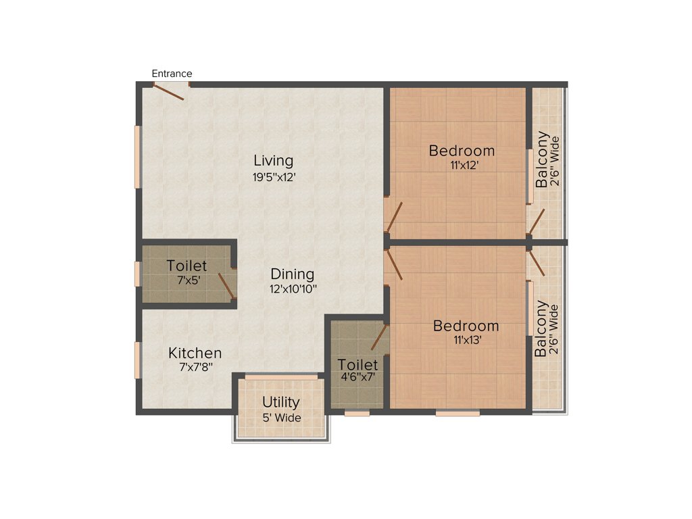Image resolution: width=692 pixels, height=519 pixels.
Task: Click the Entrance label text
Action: click(172, 74)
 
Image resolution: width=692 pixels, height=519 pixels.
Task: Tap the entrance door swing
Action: click(170, 92)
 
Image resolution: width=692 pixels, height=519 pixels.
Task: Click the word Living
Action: click(274, 161)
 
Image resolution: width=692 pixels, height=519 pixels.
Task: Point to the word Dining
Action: click(293, 274)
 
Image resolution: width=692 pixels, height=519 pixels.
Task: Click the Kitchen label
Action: click(195, 353)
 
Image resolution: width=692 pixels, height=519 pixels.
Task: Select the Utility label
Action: click(281, 403)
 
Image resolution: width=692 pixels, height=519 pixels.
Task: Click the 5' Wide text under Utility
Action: click(281, 418)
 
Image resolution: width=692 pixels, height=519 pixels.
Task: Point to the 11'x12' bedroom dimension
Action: click(462, 166)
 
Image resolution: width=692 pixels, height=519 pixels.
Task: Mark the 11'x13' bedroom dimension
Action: click(466, 341)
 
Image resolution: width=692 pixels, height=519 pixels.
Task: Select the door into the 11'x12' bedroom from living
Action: click(393, 216)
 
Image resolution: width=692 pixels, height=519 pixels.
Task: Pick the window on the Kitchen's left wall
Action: click(137, 360)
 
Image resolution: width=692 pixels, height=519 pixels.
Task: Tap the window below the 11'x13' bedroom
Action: click(458, 412)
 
